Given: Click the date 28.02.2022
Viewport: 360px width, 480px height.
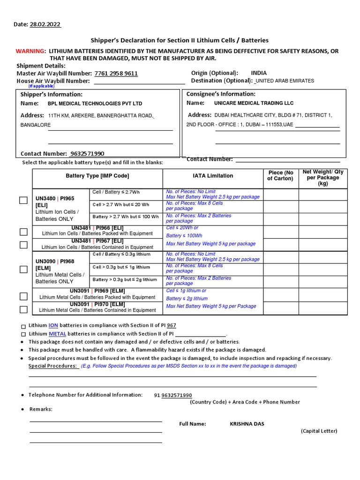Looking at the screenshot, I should point(45,24).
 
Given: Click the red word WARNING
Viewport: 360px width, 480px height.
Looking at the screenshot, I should point(30,51).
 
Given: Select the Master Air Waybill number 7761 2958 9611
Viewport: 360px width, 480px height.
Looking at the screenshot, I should point(116,74).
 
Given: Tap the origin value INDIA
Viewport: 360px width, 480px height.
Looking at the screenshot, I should point(259,73).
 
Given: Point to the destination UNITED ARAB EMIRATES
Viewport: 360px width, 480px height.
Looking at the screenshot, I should point(285,81).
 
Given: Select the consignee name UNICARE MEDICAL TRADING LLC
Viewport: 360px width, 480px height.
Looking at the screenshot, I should point(254,103).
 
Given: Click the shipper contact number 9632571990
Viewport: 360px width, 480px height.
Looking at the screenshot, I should point(87,154).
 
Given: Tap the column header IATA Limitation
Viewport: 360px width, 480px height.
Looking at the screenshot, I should point(213,176).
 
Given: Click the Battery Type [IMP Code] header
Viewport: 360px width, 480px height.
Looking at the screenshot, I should point(97,176).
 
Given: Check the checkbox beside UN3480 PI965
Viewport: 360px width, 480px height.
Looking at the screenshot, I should point(23,201).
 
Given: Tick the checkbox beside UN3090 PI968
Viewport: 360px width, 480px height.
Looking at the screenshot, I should point(23,269).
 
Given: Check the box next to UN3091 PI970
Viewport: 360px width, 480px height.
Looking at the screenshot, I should point(23,309).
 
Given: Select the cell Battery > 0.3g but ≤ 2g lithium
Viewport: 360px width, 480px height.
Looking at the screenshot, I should point(124,279).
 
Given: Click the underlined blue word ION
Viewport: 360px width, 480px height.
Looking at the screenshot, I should point(53,325).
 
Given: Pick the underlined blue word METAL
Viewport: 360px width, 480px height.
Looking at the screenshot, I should point(57,334).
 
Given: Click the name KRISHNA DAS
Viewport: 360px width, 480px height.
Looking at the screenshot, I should point(247,424).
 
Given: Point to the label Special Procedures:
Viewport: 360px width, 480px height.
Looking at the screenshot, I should point(53,366).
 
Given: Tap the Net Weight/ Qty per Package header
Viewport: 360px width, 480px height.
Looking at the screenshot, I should point(323,178).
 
